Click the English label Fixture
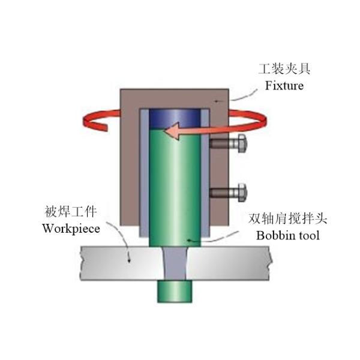[284, 86]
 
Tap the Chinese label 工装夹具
[284, 71]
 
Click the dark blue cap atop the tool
[174, 116]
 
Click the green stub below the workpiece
[173, 292]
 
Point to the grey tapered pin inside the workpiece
[175, 263]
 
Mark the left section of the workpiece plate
[114, 263]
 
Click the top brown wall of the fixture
[174, 97]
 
